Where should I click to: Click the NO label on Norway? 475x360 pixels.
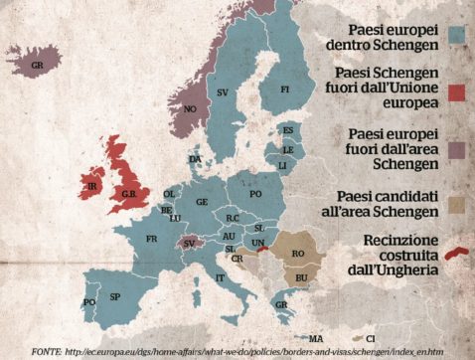190,109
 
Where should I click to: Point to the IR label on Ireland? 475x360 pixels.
92,186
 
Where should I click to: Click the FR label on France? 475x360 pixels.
152,240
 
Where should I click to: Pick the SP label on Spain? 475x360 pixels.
114,297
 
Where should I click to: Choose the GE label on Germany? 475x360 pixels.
202,202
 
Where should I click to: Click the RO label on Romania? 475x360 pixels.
297,254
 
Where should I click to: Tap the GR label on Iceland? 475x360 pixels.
38,65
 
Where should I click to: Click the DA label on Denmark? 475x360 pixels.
195,159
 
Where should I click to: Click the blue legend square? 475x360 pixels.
456,35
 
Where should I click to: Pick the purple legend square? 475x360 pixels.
456,147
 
